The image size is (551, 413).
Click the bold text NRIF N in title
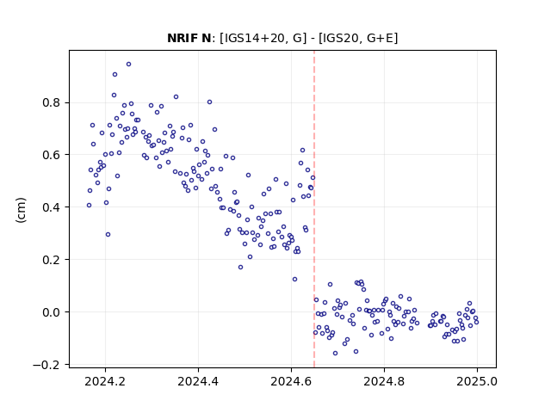click(x=189, y=38)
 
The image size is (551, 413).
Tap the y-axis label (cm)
click(x=21, y=210)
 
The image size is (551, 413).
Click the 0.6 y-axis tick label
click(x=51, y=155)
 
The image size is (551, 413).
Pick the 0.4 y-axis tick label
click(x=51, y=207)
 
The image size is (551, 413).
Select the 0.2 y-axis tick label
click(x=51, y=260)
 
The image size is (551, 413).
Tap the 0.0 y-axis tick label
click(x=51, y=312)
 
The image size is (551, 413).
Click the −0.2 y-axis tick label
click(x=46, y=365)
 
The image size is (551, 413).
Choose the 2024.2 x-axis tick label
click(x=105, y=381)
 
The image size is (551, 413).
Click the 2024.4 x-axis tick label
click(x=198, y=381)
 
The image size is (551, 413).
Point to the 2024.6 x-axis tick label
click(x=291, y=381)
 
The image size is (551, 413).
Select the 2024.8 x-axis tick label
click(x=384, y=381)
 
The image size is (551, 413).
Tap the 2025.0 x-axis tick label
click(x=477, y=381)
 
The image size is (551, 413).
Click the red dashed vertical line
click(x=314, y=209)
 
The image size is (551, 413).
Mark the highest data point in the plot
click(x=128, y=65)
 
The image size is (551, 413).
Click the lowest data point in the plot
click(x=335, y=354)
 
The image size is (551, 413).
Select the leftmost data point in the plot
click(x=89, y=206)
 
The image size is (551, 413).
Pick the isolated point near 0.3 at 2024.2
click(x=108, y=235)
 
